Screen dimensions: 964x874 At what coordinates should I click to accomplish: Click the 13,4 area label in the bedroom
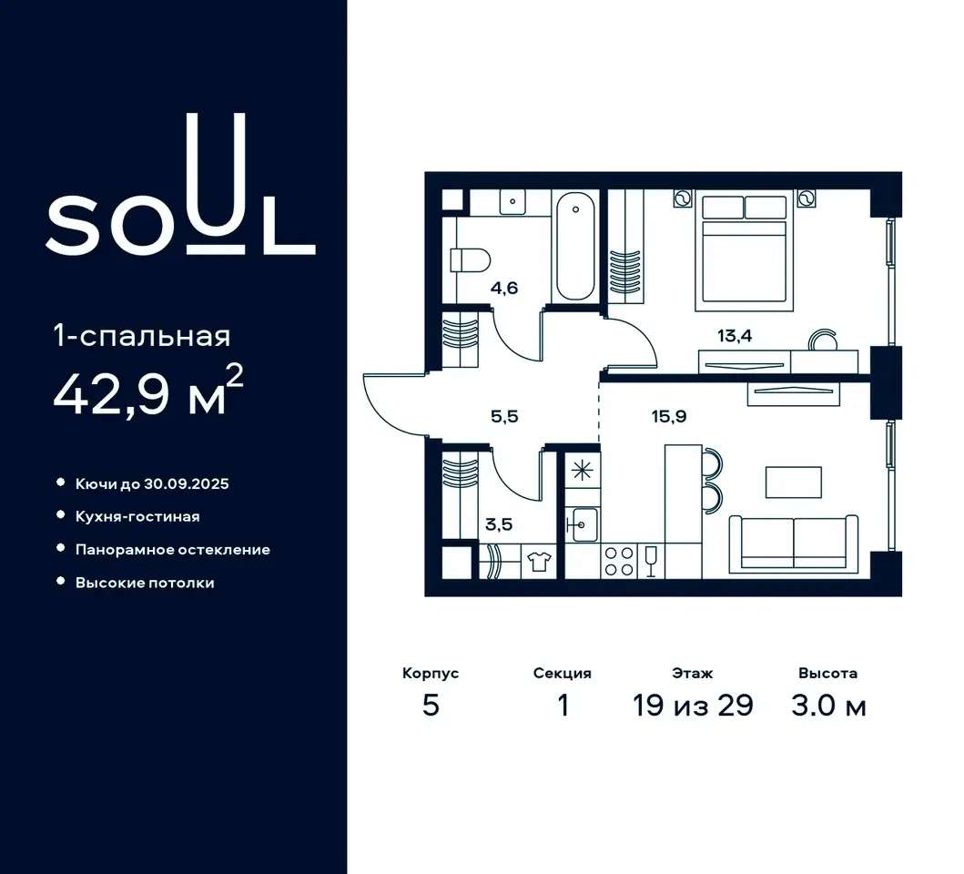[735, 337]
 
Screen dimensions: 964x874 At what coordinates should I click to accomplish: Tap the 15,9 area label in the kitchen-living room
[669, 416]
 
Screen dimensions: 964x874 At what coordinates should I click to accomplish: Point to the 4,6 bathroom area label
[504, 288]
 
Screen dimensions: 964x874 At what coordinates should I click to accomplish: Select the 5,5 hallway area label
[504, 416]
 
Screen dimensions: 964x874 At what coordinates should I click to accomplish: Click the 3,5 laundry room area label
[499, 525]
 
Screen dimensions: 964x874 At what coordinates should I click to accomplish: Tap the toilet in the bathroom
[470, 259]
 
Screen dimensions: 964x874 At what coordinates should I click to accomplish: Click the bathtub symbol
[575, 246]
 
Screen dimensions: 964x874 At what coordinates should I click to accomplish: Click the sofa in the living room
[794, 544]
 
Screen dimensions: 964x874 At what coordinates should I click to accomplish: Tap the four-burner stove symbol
[619, 561]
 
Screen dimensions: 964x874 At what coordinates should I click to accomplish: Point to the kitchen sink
[582, 524]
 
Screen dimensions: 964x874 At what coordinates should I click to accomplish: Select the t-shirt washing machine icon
[539, 562]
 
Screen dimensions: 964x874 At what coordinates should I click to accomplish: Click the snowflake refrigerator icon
[582, 471]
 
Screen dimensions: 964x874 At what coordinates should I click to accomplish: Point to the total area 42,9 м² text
[148, 391]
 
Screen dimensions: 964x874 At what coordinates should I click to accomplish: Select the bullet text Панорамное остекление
[173, 549]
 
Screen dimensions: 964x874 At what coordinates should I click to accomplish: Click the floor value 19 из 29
[693, 705]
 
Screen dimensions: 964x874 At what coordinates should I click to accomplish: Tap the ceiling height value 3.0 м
[828, 705]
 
